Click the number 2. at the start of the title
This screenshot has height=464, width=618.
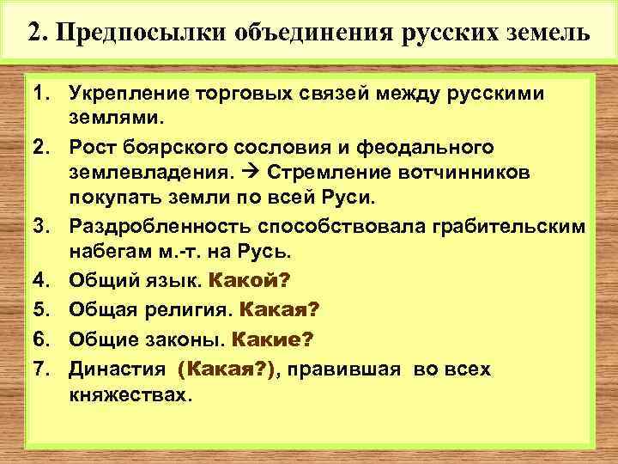(38, 34)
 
